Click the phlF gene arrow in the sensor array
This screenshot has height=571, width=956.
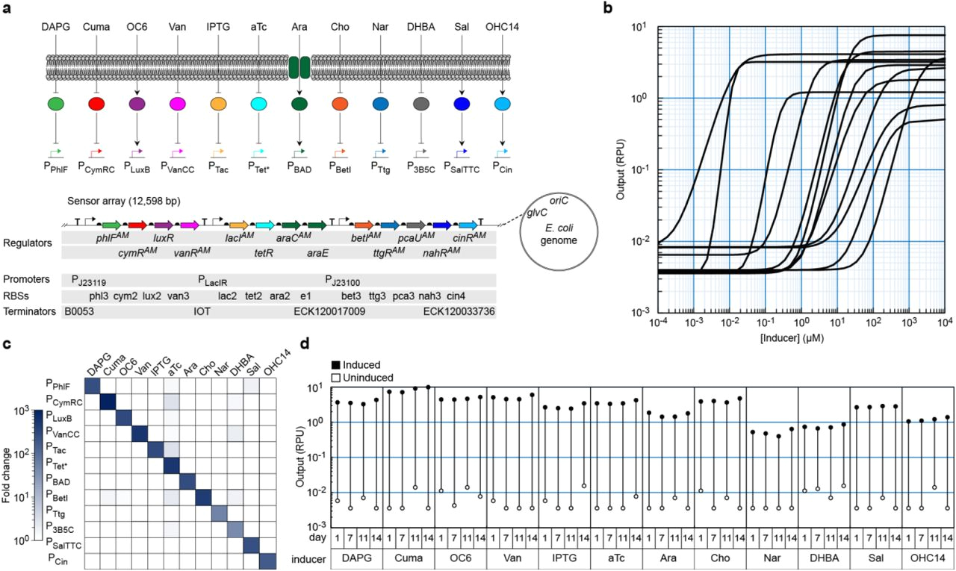tap(112, 225)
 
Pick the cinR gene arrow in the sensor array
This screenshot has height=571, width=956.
tap(469, 225)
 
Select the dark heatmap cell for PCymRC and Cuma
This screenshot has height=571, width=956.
tap(108, 402)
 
